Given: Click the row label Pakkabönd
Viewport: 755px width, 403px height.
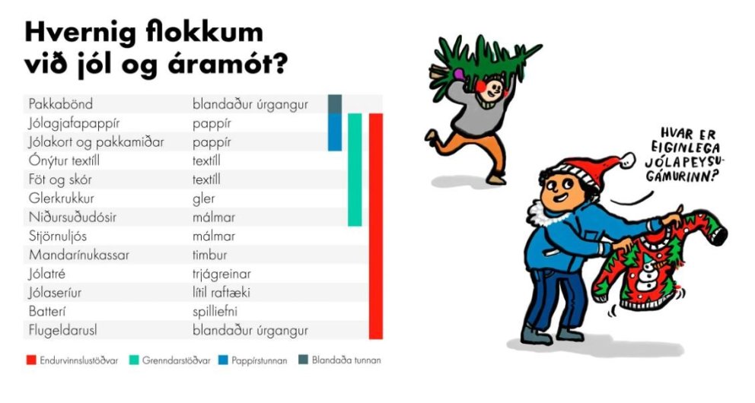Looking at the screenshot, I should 60,104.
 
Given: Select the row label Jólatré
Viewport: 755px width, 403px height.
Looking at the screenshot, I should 46,274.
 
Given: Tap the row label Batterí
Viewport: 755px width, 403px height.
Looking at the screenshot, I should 48,312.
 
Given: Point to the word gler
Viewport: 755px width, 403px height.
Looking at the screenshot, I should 203,198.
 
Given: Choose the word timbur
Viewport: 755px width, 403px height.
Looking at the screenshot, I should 209,255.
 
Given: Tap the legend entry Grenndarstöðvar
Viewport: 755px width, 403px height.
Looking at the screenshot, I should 178,360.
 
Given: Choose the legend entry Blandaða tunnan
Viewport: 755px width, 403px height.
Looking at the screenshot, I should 346,360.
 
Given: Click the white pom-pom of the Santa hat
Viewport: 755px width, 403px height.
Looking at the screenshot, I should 628,160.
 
